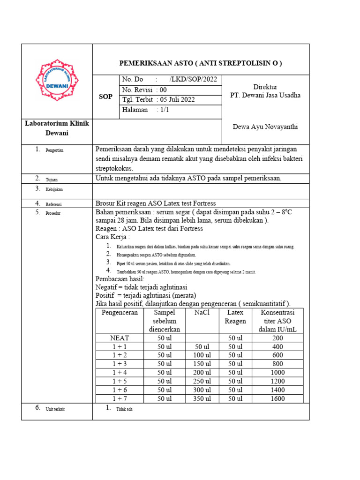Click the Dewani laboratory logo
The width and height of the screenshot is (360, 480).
tap(57, 82)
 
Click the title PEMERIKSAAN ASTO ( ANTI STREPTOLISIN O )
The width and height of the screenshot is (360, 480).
tap(201, 63)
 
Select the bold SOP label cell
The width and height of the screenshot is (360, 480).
tap(105, 96)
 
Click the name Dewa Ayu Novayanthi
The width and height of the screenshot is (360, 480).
tap(265, 127)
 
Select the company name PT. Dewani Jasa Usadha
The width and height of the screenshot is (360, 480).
tap(265, 95)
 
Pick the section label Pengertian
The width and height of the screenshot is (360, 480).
tap(54, 150)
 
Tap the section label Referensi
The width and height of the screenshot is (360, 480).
tap(53, 204)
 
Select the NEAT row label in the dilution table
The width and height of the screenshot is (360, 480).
tap(119, 337)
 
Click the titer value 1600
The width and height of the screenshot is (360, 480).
tap(277, 399)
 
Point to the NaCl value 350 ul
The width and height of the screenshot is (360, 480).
tap(202, 399)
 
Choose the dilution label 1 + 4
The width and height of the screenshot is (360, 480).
tap(119, 373)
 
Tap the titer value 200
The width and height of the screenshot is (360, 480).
tap(277, 337)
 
